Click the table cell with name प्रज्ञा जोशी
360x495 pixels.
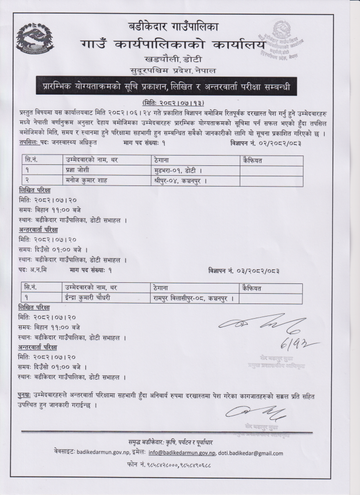(82, 170)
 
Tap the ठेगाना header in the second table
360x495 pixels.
(163, 287)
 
